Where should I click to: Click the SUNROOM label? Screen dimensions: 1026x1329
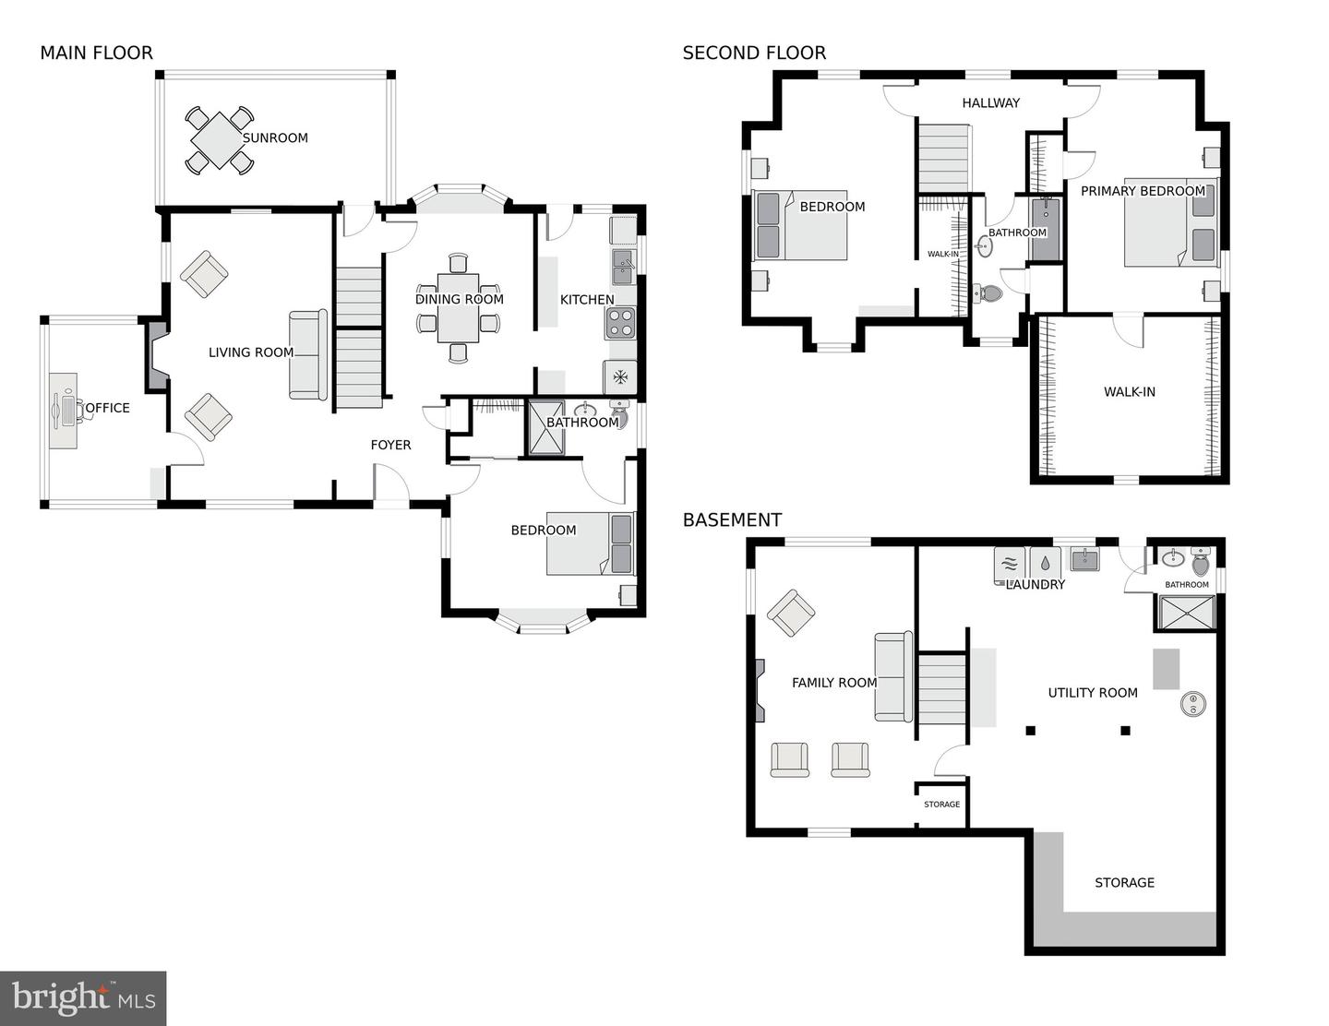[275, 138]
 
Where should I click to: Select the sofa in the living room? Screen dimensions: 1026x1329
[308, 355]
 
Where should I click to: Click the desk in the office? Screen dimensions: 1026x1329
[63, 411]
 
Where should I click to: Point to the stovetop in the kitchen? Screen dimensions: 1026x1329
[620, 323]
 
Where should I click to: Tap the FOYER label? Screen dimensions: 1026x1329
[390, 445]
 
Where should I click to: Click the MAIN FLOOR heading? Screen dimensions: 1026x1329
[96, 54]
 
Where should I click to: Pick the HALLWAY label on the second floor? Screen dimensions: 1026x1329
[990, 103]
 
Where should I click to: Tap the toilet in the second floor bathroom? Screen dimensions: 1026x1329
[989, 293]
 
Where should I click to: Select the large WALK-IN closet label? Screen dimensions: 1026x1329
[1129, 392]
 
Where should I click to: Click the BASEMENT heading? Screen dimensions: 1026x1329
[732, 520]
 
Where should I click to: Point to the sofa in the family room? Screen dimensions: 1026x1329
[893, 676]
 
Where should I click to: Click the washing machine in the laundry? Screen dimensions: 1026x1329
[1010, 563]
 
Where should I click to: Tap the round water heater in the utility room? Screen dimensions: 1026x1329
[1193, 704]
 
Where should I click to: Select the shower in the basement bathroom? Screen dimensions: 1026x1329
[1186, 612]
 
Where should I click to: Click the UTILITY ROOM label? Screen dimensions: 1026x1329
[1093, 693]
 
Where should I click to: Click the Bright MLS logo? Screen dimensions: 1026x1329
[83, 998]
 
